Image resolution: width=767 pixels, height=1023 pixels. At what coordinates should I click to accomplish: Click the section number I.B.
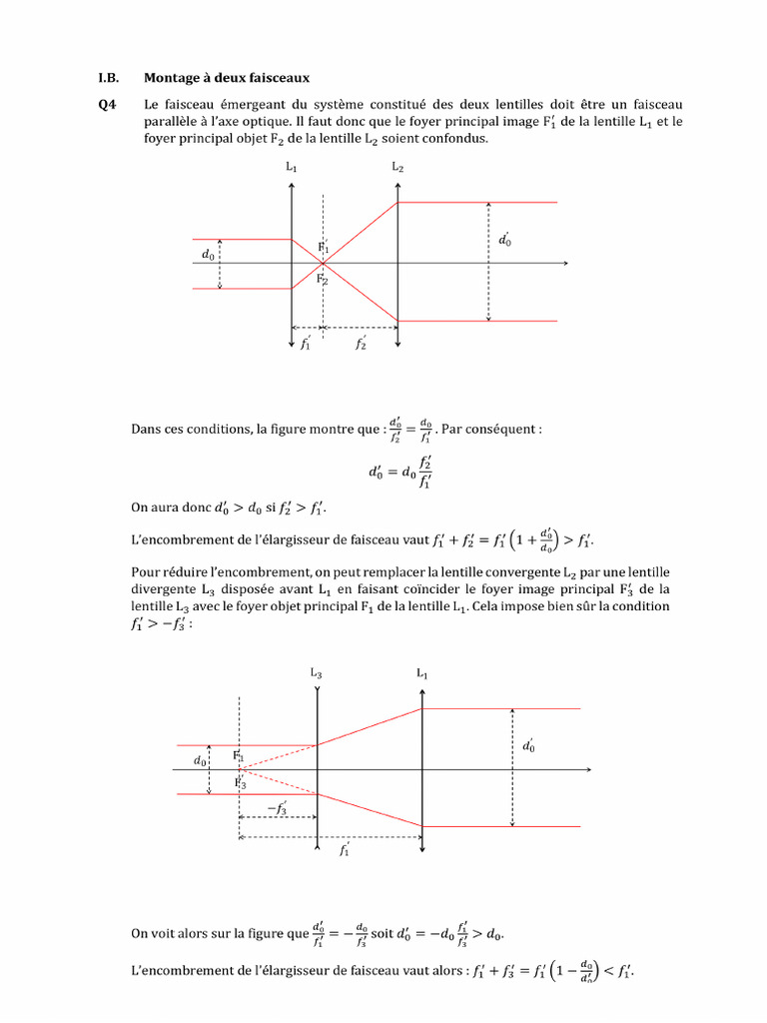click(108, 77)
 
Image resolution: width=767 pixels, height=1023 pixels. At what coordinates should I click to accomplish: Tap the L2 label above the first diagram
click(397, 167)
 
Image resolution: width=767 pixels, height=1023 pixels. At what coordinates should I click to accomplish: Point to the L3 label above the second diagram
click(316, 673)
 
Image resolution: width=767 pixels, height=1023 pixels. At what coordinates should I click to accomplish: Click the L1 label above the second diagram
click(421, 673)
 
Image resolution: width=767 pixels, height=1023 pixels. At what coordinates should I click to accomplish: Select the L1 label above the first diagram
click(291, 167)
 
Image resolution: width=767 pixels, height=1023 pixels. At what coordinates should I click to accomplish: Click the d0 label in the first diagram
click(208, 257)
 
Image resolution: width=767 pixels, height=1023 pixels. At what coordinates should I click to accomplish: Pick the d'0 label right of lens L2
click(505, 240)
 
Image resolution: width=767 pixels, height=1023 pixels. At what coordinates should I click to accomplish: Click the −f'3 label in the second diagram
click(277, 808)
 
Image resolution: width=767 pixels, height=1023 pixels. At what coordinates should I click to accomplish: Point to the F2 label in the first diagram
click(323, 281)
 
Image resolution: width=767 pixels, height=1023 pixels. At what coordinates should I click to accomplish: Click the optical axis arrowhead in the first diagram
click(564, 264)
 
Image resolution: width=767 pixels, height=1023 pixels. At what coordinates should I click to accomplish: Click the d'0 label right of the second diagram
click(528, 746)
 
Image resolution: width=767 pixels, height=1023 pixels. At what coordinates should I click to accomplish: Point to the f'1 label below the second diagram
click(345, 850)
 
